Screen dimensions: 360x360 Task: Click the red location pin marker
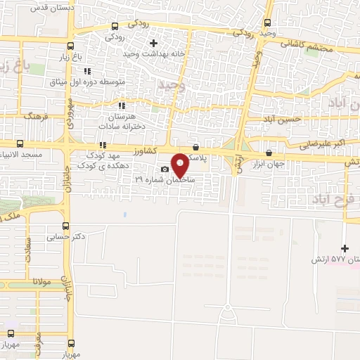[181, 165]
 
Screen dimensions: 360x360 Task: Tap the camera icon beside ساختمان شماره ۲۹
[165, 169]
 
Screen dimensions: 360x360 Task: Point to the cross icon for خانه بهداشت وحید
[154, 44]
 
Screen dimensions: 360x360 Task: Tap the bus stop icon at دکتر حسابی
[65, 226]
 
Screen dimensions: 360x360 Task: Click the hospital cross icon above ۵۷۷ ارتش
[344, 248]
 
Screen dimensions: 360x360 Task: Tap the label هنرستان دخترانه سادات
[124, 118]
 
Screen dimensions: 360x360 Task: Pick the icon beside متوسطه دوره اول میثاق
[87, 71]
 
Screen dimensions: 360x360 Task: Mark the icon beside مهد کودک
[103, 145]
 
